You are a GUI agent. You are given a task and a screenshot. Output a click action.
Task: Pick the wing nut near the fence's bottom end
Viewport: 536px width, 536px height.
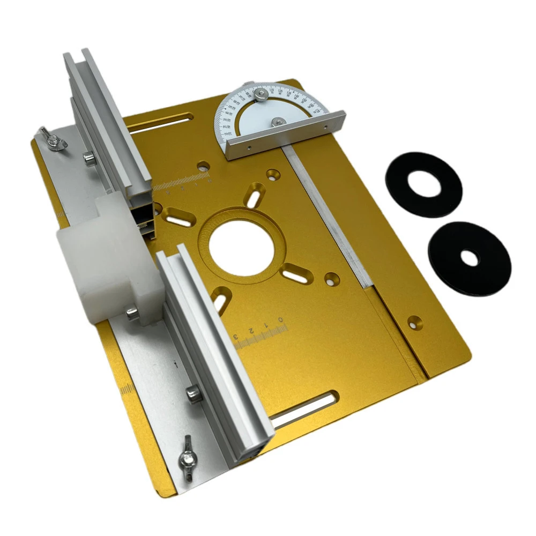188,459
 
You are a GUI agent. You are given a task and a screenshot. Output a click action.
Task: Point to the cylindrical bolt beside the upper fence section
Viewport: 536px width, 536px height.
88,157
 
